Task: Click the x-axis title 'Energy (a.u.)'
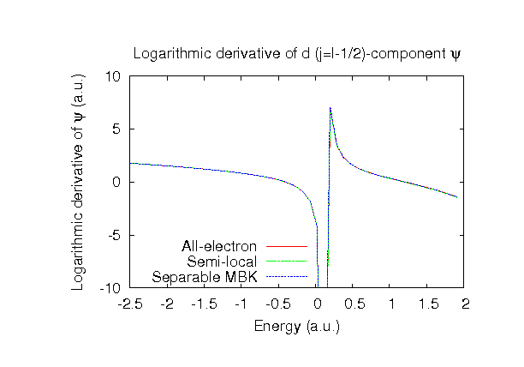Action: (x=297, y=327)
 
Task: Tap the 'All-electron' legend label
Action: (x=219, y=247)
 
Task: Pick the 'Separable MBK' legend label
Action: (x=207, y=277)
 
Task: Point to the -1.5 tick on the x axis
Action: (x=205, y=304)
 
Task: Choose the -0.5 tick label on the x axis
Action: (x=279, y=304)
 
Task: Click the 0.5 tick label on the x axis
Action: (x=354, y=304)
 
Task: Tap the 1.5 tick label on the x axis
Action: (x=429, y=304)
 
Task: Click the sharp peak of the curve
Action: (x=330, y=108)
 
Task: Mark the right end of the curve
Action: (x=458, y=197)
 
